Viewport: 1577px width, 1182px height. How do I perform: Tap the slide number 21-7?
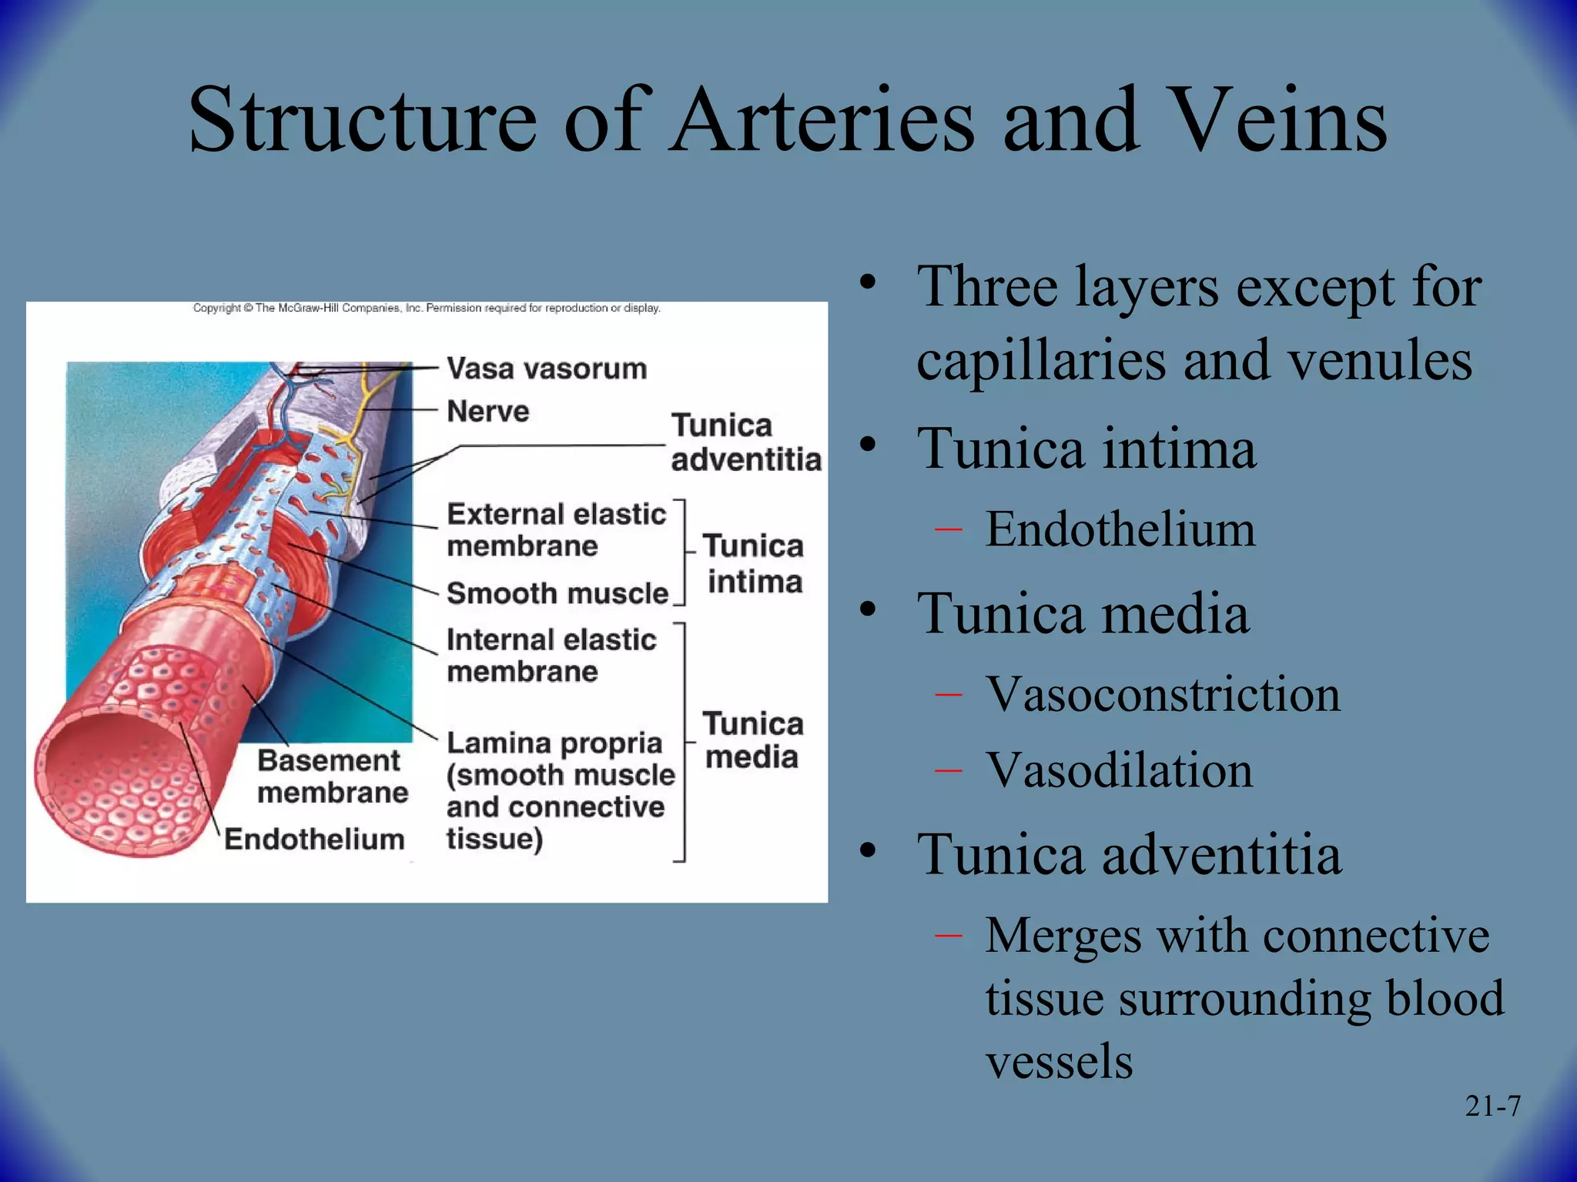pos(1492,1106)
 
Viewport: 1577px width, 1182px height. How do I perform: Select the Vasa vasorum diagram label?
pos(547,369)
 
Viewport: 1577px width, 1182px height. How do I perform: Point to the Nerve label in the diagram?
pos(488,411)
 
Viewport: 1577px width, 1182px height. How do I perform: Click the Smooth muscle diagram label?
pos(557,593)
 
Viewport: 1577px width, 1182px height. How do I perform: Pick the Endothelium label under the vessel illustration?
pos(314,839)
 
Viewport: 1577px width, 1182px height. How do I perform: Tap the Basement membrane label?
pos(331,776)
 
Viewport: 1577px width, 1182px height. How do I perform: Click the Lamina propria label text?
pos(554,743)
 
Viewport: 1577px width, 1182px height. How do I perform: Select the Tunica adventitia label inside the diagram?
pos(745,442)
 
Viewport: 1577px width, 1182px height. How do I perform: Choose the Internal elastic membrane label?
pos(551,655)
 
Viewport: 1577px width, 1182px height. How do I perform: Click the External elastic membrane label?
pos(555,529)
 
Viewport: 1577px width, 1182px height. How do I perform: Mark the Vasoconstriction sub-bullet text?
pos(1163,694)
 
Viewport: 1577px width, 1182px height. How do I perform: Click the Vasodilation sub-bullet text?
pos(1119,770)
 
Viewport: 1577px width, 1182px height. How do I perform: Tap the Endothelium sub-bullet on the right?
pos(1120,529)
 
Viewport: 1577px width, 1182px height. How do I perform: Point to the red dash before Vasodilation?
pos(948,770)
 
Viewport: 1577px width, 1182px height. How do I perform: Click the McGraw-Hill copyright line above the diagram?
pos(426,308)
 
